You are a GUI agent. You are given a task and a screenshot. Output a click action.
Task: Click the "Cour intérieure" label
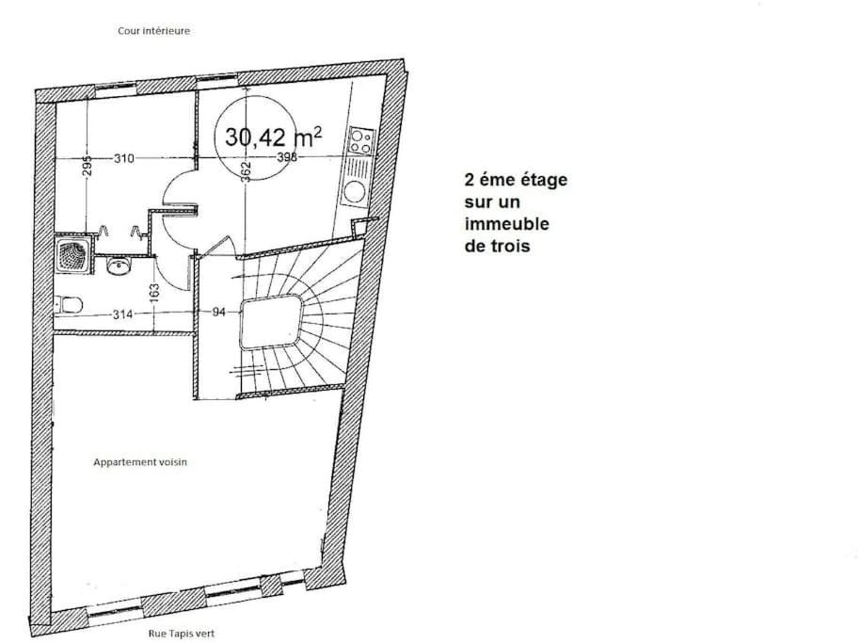[153, 31]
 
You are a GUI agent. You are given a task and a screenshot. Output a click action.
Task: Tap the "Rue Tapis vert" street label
[182, 634]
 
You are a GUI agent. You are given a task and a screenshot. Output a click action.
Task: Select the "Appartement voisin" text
[140, 462]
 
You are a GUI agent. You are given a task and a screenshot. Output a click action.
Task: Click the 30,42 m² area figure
[273, 137]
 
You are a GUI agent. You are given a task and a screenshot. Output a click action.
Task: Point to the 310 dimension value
[124, 158]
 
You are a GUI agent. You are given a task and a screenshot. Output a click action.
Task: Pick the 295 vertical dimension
[88, 166]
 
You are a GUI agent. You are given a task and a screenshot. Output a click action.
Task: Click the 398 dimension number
[287, 157]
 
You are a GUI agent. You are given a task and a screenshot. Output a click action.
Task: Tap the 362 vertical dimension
[246, 171]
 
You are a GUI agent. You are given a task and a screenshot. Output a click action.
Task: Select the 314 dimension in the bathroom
[122, 314]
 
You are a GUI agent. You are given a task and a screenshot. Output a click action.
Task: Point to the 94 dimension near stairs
[218, 313]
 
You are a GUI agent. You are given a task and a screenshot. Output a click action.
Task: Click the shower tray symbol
[72, 255]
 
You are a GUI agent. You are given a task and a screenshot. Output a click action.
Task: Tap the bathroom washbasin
[118, 266]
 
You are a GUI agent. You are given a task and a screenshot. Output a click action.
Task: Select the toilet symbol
[68, 304]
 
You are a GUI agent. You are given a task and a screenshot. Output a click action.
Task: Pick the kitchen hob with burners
[361, 140]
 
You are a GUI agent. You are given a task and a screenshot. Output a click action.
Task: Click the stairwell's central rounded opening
[271, 321]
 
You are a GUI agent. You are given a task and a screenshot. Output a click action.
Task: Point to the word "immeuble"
[507, 224]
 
